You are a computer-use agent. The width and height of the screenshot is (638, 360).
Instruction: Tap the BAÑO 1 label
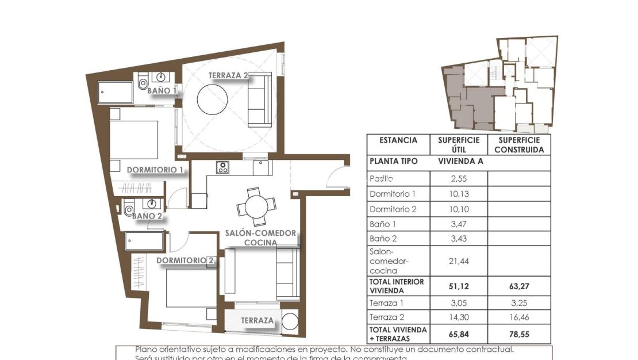162,90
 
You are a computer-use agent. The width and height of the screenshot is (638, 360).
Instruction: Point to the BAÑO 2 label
147,216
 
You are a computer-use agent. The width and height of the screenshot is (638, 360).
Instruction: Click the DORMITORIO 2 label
185,261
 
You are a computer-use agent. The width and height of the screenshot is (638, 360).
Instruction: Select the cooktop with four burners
222,167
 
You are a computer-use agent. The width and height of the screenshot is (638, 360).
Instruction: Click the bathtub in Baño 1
115,92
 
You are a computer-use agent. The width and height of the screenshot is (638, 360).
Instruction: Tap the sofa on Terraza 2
259,101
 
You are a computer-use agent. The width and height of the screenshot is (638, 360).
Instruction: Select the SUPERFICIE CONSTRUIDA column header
519,145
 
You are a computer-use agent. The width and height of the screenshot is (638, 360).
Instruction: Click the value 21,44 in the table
458,261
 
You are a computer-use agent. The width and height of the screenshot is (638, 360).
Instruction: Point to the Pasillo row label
381,179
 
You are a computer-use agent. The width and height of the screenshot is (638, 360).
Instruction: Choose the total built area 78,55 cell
519,334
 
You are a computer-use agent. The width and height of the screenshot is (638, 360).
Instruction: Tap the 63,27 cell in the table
519,286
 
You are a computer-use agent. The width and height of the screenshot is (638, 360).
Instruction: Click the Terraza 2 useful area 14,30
458,317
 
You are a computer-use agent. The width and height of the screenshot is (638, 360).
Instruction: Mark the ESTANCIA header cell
398,140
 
